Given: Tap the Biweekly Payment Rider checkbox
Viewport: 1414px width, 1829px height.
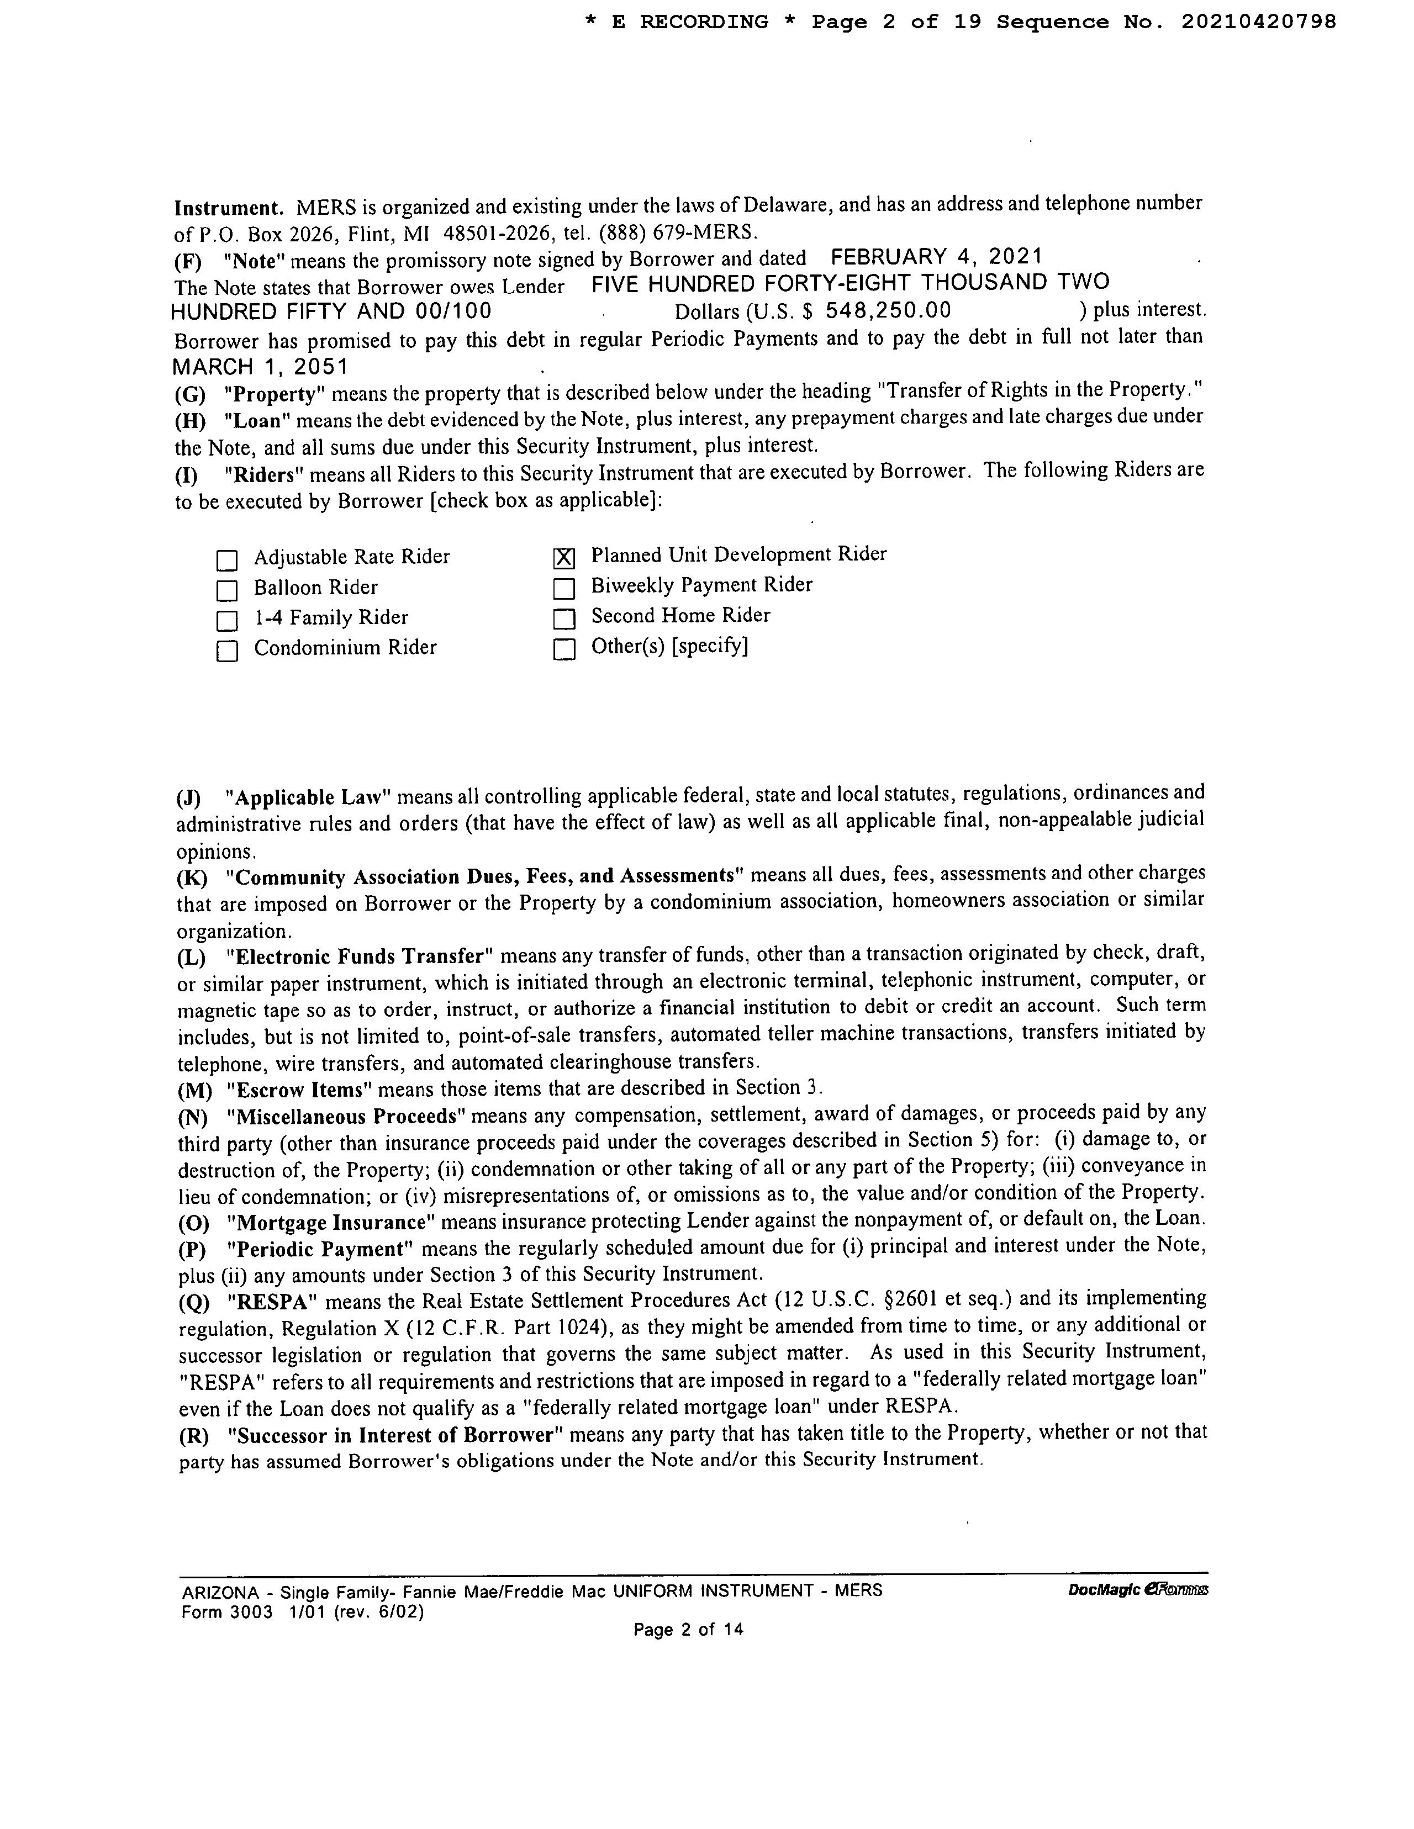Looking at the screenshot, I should tap(564, 589).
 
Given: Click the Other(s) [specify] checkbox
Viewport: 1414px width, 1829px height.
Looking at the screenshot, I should tap(564, 649).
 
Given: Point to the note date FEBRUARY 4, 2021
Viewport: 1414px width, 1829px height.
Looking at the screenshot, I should tap(937, 256).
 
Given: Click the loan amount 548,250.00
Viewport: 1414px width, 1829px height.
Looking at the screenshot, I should tap(888, 311).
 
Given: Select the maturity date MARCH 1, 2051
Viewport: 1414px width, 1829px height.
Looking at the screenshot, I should tap(260, 367).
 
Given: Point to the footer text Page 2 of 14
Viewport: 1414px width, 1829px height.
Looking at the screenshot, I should tap(689, 1630).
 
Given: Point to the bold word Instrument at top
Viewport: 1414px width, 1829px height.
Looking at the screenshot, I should tap(226, 207).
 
